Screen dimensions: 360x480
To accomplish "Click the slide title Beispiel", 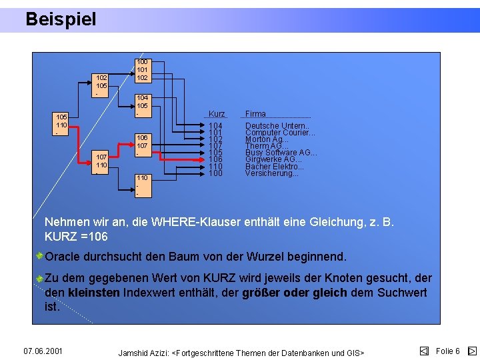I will (x=61, y=19).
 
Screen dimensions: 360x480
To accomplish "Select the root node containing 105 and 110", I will (x=61, y=125).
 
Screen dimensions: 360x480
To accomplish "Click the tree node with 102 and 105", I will (x=101, y=85).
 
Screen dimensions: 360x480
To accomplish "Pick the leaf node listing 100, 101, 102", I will (x=141, y=69).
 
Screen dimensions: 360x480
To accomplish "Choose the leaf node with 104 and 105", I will (x=141, y=105).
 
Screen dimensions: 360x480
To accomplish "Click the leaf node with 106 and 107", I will (x=141, y=145).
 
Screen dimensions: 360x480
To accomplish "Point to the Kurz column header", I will (x=217, y=114).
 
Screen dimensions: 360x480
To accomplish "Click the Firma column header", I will (x=255, y=114).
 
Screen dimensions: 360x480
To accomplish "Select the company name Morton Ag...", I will (x=267, y=139).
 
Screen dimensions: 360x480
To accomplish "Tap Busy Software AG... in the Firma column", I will (x=281, y=153).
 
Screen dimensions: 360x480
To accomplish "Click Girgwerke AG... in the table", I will (x=273, y=159).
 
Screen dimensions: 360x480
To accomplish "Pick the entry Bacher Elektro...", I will (x=274, y=167).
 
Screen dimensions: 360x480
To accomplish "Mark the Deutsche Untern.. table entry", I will (x=277, y=125).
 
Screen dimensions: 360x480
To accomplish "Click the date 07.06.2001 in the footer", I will (x=43, y=351).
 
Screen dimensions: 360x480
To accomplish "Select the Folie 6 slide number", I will (x=448, y=351).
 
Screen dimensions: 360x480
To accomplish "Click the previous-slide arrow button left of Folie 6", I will (x=424, y=351).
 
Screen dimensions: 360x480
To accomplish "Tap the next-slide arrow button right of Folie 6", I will (x=471, y=351).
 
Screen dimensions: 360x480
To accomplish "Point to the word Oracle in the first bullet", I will (x=63, y=257).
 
